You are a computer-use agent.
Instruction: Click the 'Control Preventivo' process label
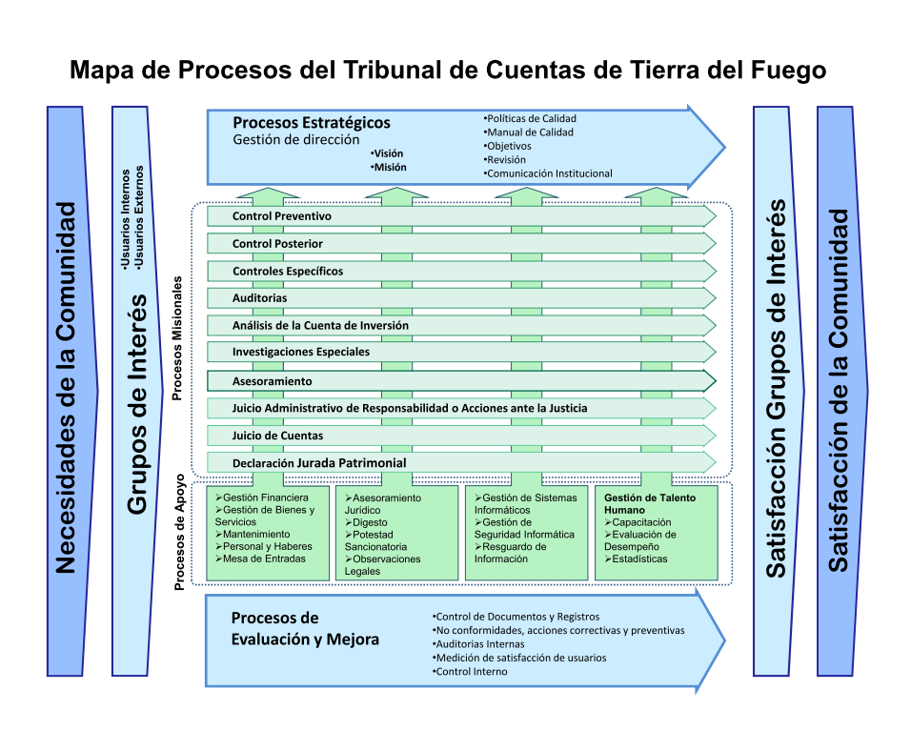(282, 216)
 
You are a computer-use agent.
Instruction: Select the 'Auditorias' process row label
(260, 298)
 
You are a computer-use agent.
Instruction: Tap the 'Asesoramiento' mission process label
(272, 381)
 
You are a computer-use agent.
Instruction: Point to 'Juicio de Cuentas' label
(277, 436)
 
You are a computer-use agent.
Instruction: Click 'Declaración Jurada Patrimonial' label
(319, 463)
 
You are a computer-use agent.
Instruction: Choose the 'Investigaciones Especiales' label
(301, 352)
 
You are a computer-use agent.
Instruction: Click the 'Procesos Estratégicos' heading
(312, 123)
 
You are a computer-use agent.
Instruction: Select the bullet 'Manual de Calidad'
(529, 132)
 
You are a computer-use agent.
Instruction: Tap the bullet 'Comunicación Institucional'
(548, 173)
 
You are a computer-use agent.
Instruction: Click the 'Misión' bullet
(389, 168)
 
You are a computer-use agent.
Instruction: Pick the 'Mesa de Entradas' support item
(260, 558)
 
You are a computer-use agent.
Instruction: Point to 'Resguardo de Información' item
(510, 553)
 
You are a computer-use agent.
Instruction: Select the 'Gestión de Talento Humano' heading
(650, 504)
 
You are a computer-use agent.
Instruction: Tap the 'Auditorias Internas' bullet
(478, 644)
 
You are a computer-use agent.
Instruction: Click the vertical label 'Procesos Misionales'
(177, 338)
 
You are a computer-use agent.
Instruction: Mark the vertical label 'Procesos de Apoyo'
(179, 532)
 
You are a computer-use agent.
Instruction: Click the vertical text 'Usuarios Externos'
(138, 217)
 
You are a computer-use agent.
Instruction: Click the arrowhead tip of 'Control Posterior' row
(716, 244)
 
